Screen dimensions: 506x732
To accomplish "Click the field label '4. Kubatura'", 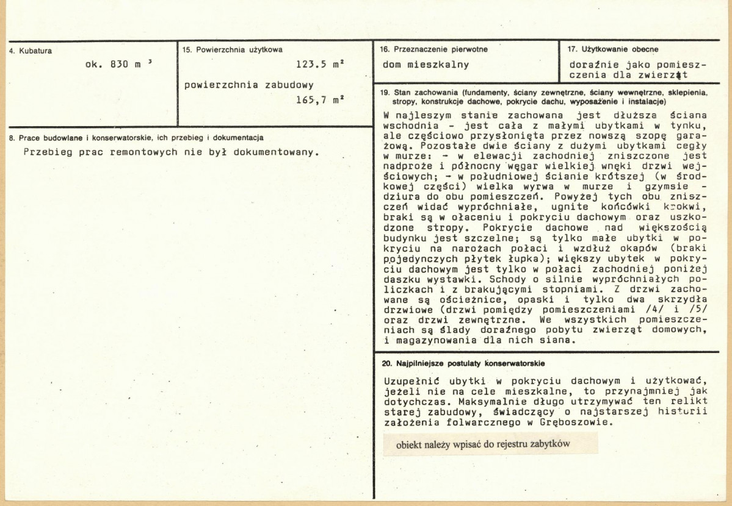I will [31, 51].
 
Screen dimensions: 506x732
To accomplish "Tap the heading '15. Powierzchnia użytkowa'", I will [233, 50].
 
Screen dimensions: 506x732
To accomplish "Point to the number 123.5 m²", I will [317, 64].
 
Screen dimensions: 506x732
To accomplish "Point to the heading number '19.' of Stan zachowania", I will [385, 93].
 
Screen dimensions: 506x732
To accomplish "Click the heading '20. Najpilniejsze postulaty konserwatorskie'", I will [462, 364].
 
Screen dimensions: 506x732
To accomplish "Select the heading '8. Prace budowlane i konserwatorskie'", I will [137, 138].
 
